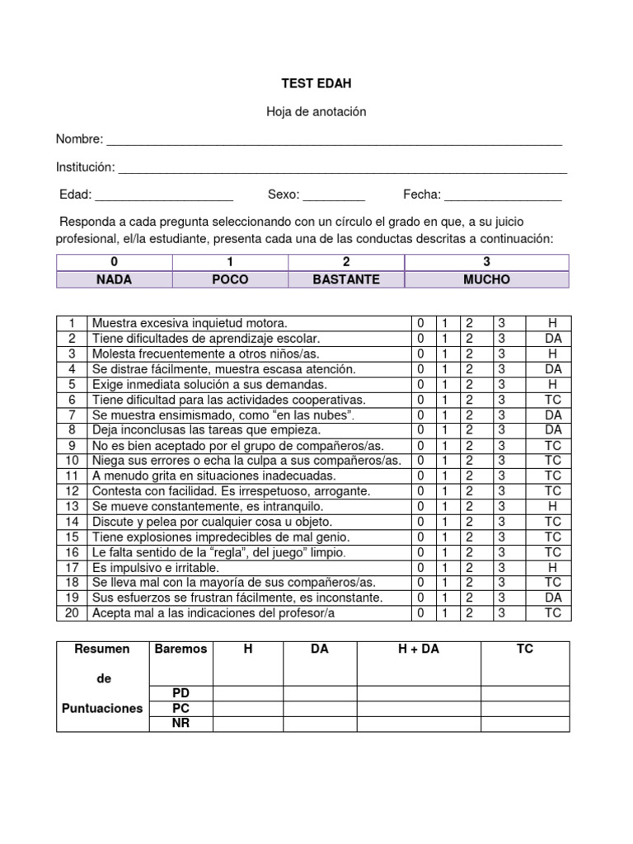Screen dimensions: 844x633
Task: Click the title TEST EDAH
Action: pyautogui.click(x=316, y=83)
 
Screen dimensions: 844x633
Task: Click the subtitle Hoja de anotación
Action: pyautogui.click(x=316, y=111)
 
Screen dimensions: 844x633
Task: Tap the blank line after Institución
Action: pyautogui.click(x=342, y=168)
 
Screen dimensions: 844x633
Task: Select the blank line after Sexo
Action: pyautogui.click(x=334, y=196)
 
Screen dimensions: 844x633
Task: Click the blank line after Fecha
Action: pyautogui.click(x=502, y=196)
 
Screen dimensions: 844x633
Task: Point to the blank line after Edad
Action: pyautogui.click(x=164, y=196)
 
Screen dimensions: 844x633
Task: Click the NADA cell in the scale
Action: pyautogui.click(x=114, y=279)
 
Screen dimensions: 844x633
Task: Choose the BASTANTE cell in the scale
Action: pyautogui.click(x=346, y=279)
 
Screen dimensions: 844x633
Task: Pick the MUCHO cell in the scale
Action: pyautogui.click(x=486, y=279)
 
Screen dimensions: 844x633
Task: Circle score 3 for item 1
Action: pyautogui.click(x=499, y=323)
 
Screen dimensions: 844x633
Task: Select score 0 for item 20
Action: pyautogui.click(x=420, y=612)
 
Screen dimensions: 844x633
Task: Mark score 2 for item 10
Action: pyautogui.click(x=469, y=460)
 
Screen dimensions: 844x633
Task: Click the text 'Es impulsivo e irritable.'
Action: pyautogui.click(x=156, y=567)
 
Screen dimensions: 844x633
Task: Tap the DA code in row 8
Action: pyautogui.click(x=553, y=429)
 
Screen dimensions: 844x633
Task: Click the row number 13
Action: pyautogui.click(x=72, y=506)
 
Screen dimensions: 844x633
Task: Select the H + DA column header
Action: pyautogui.click(x=419, y=649)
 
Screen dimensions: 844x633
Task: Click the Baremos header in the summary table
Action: pyautogui.click(x=181, y=649)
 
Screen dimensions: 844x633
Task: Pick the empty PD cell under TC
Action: pyautogui.click(x=524, y=693)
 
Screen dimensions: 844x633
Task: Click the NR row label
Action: pyautogui.click(x=181, y=724)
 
